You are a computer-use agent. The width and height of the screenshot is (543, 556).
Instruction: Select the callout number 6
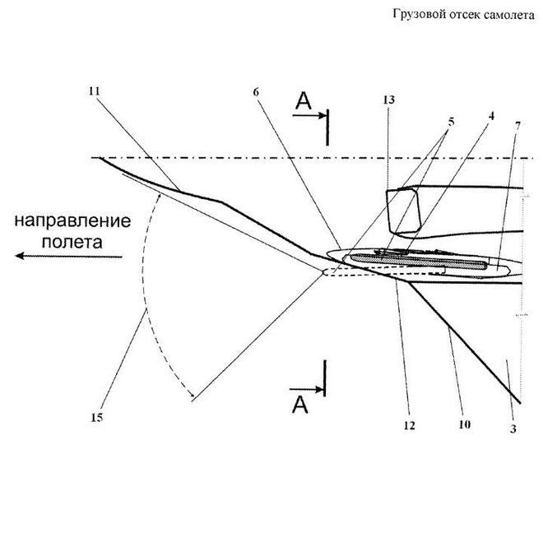(256, 91)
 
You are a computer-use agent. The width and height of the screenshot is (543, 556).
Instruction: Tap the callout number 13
(388, 100)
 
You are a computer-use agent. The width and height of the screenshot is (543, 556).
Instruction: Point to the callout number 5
(450, 121)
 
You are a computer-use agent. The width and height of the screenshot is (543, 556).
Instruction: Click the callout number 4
(491, 116)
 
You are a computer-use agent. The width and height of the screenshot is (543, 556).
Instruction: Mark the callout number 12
(409, 426)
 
